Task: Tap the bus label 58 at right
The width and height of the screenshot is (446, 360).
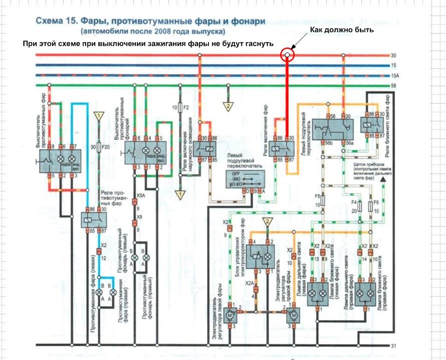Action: click(393, 86)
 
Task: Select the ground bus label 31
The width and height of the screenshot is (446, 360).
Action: click(394, 346)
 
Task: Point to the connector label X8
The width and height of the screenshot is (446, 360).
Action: click(139, 216)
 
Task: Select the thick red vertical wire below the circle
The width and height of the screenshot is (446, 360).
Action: click(288, 95)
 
